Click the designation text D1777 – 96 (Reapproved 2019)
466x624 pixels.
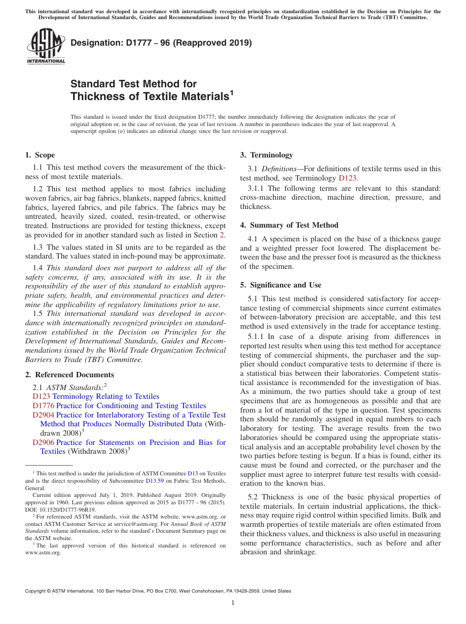click(161, 43)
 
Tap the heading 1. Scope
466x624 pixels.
click(40, 155)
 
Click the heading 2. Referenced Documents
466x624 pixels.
click(62, 375)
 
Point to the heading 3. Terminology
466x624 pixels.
click(266, 155)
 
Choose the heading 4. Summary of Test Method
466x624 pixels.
click(289, 225)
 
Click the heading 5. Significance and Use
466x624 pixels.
click(281, 285)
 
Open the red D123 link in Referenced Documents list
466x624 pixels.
click(41, 396)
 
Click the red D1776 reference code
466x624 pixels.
click(43, 406)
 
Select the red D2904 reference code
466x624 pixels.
click(43, 415)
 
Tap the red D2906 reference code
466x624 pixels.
click(43, 442)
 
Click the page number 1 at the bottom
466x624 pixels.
click(233, 603)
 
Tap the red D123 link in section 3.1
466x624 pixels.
click(347, 178)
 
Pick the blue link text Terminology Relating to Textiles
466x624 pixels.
click(106, 396)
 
